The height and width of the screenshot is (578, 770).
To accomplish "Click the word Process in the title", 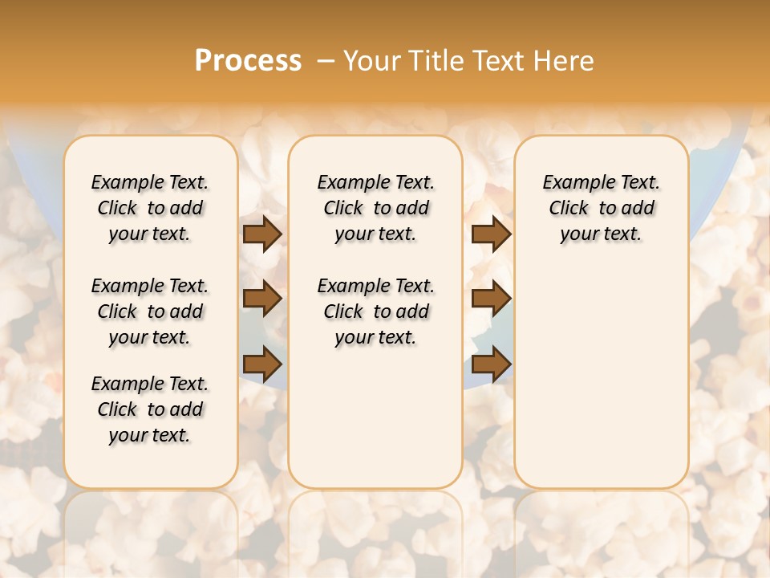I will click(x=248, y=61).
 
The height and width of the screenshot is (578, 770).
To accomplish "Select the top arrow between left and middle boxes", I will click(x=262, y=234).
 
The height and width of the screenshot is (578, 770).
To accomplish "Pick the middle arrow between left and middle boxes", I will click(x=262, y=299).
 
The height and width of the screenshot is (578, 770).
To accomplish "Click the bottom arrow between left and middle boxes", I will click(x=262, y=364).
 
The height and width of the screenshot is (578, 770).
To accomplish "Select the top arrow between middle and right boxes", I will click(x=491, y=234).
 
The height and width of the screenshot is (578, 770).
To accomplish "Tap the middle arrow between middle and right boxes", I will click(x=491, y=299).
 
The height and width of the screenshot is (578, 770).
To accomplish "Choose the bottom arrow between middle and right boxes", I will click(x=491, y=364).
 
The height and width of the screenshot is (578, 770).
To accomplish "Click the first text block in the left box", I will click(x=150, y=208).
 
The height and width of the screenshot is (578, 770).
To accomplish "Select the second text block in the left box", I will click(x=150, y=311).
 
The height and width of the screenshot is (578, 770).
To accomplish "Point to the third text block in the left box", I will click(x=150, y=409).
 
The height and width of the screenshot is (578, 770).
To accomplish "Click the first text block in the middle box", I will click(x=375, y=208).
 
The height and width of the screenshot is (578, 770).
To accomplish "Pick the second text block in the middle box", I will click(x=375, y=311).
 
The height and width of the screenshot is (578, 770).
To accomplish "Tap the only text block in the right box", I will click(x=601, y=208).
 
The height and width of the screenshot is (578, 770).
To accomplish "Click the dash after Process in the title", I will click(x=326, y=61).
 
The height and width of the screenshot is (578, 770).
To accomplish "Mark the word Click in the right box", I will click(x=569, y=209).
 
